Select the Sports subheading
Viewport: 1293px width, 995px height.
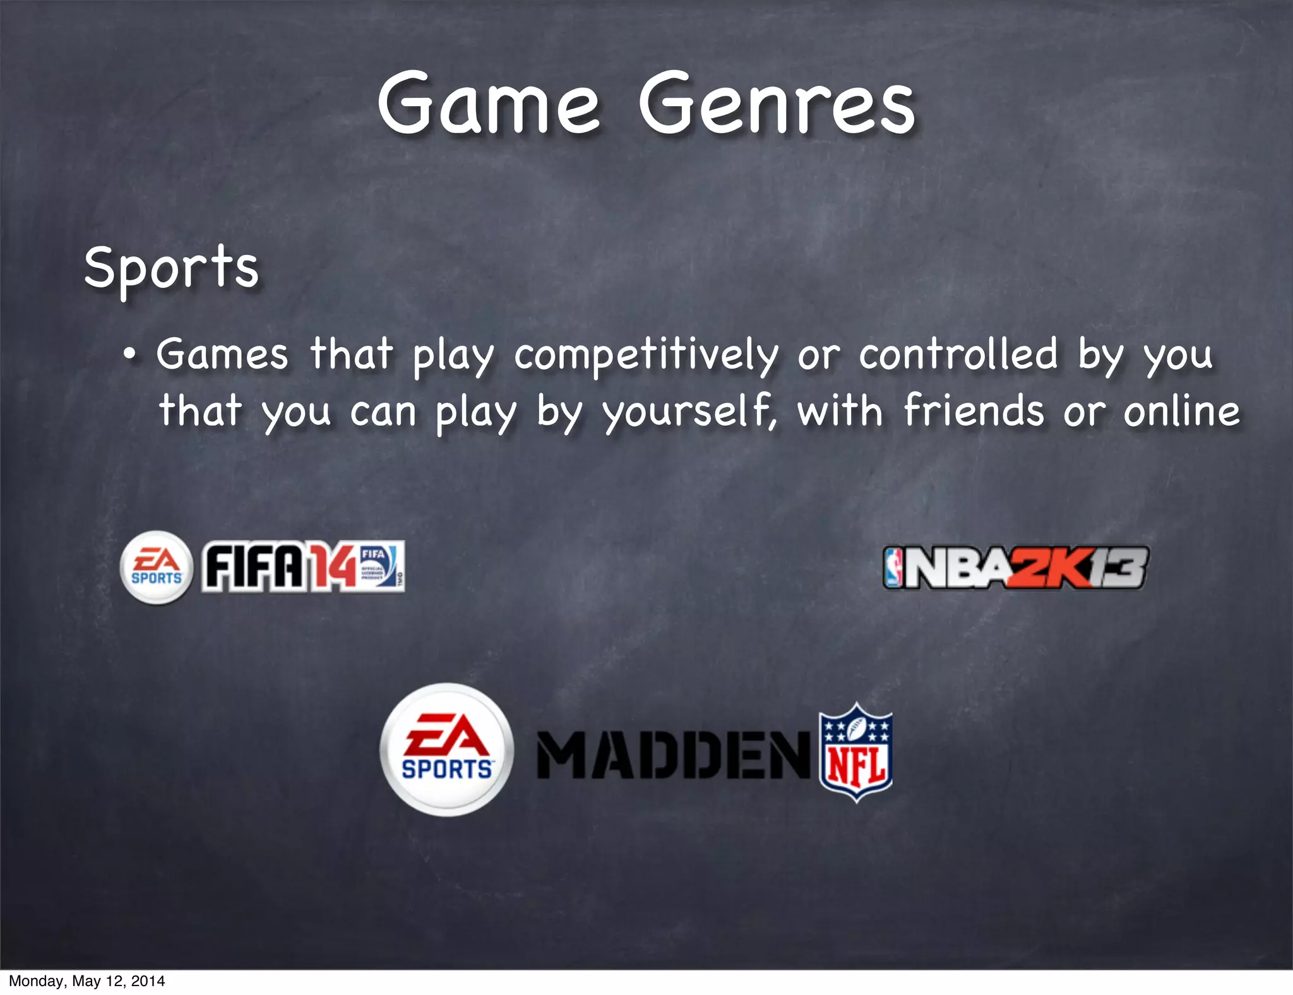pos(172,268)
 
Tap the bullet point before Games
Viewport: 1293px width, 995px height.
pos(129,355)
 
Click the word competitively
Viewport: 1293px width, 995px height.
pos(646,355)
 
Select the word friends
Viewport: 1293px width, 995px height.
pos(974,411)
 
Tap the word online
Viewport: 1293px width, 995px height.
pos(1181,411)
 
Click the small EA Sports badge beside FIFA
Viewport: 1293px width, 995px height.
pos(156,568)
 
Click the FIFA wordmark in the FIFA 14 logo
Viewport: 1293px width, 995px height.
pos(253,568)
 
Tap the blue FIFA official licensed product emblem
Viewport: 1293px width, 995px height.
pos(381,566)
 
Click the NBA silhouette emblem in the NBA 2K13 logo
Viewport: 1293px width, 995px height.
pos(893,568)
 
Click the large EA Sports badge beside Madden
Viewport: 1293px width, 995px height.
pos(447,749)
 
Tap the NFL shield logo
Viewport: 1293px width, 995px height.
pos(855,751)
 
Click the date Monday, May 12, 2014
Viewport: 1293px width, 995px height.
pos(86,980)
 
